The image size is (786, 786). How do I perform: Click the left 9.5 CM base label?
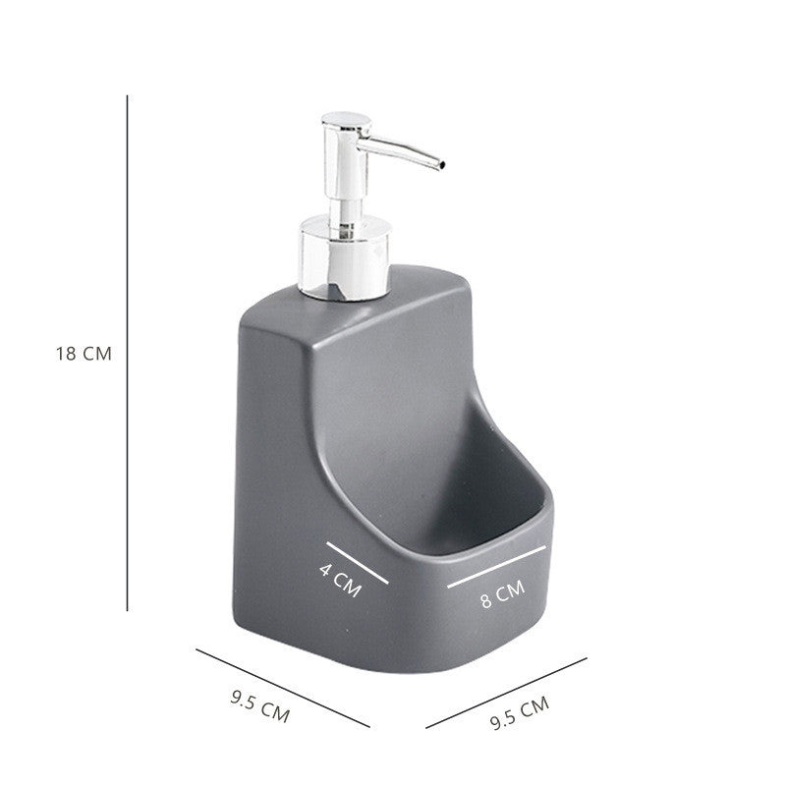[x=260, y=706]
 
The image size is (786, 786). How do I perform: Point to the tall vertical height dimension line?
[x=128, y=354]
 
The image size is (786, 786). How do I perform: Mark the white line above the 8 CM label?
[x=497, y=566]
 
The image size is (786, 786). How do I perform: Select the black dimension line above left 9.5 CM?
[x=282, y=687]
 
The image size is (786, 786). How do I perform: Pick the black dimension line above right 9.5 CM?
[x=506, y=693]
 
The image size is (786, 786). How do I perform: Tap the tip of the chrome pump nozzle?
[x=443, y=162]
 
